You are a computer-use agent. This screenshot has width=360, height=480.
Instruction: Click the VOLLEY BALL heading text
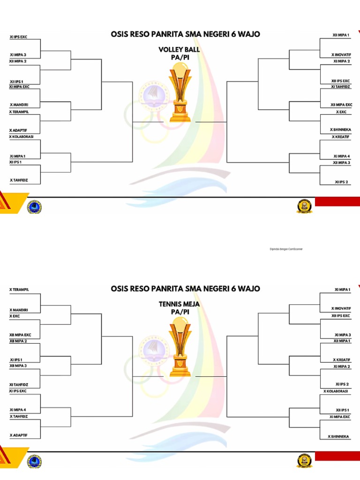click(x=179, y=49)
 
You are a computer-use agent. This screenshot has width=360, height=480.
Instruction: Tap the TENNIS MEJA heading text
click(x=179, y=304)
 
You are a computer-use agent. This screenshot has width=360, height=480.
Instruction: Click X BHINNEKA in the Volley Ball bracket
click(x=340, y=129)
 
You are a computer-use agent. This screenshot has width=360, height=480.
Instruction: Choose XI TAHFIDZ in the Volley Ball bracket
click(x=340, y=87)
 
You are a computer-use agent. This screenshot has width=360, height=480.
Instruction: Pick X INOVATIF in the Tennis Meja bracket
click(x=341, y=308)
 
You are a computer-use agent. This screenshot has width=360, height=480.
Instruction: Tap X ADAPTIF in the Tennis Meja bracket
click(x=19, y=435)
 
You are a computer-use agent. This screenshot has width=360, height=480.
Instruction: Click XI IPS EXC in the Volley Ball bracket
click(x=18, y=36)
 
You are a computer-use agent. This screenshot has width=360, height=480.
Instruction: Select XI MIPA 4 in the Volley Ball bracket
click(x=342, y=156)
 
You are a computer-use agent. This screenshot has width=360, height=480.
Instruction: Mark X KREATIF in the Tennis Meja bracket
click(x=342, y=360)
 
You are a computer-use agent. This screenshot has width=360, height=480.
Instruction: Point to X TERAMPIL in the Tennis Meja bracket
click(x=19, y=290)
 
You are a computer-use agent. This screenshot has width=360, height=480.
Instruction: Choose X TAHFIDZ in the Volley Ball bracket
click(x=19, y=180)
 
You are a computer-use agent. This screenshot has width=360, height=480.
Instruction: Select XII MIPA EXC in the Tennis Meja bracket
click(x=20, y=335)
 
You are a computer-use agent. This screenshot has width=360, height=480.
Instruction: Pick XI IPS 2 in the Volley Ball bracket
click(x=341, y=181)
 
